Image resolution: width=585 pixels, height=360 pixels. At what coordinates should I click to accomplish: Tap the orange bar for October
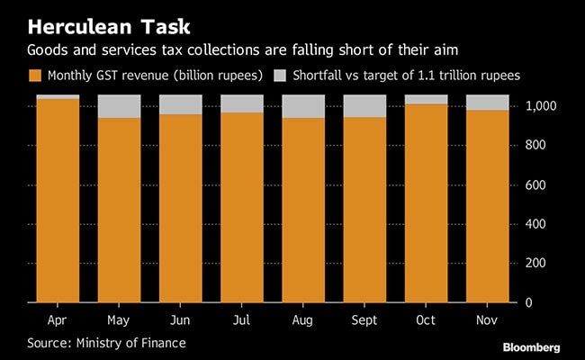tap(426, 202)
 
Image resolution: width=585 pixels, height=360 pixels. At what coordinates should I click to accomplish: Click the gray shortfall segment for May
tap(119, 106)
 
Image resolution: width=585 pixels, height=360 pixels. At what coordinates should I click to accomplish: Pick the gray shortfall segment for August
tap(303, 106)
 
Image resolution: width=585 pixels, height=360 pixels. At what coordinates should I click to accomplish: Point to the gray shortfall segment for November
tap(487, 102)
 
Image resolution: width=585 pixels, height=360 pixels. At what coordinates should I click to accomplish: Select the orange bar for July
tap(242, 207)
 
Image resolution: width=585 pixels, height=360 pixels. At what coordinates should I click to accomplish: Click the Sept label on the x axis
tap(364, 320)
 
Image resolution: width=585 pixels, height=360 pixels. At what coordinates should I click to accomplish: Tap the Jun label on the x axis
tap(180, 320)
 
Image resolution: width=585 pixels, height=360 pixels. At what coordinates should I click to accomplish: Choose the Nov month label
tap(487, 320)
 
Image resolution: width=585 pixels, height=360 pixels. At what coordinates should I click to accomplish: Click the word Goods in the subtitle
tap(49, 50)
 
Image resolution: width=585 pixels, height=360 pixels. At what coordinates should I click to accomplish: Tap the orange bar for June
tap(180, 208)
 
